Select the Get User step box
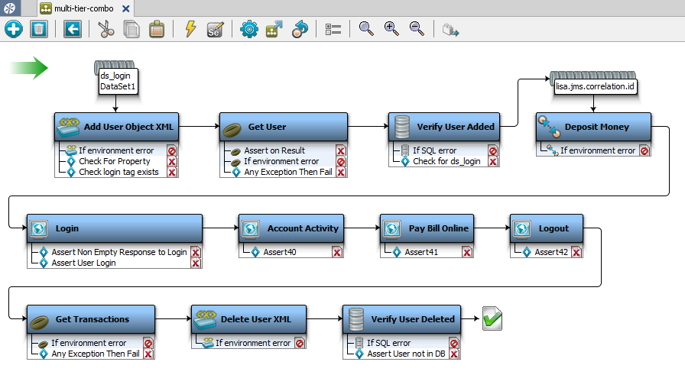[283, 127]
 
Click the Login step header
[114, 228]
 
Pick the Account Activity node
[299, 228]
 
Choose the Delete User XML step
[249, 319]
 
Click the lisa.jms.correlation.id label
[595, 87]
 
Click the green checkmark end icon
[492, 319]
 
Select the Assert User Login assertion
[83, 263]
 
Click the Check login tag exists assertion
[118, 172]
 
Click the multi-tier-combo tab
[85, 8]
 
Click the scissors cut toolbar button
[106, 29]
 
